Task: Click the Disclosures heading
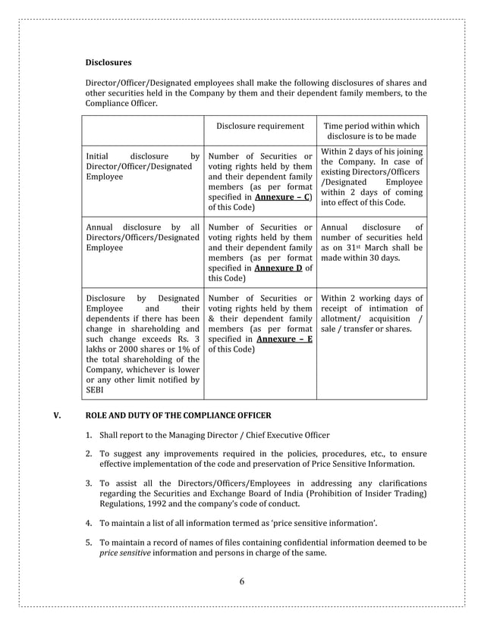click(x=108, y=62)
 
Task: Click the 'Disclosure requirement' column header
click(x=260, y=126)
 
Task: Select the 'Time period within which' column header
click(x=371, y=126)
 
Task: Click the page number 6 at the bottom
click(x=241, y=582)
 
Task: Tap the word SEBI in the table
click(x=96, y=390)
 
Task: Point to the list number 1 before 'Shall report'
click(x=88, y=435)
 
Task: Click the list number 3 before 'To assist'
click(x=88, y=484)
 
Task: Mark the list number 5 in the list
click(x=88, y=543)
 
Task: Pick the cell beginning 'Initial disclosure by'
click(x=143, y=166)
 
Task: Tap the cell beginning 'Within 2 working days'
click(x=372, y=313)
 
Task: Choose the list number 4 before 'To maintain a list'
click(x=88, y=523)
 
